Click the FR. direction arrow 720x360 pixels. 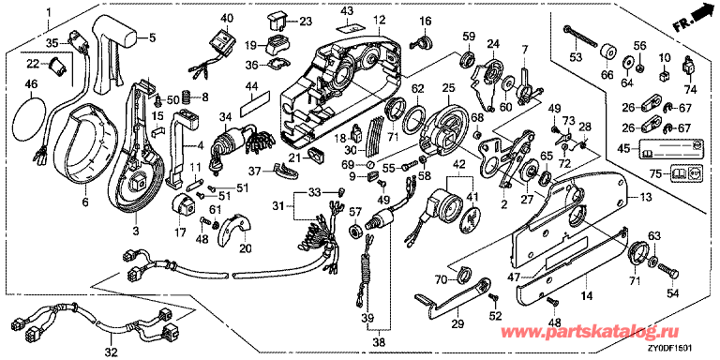(x=696, y=20)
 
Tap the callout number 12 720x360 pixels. (x=379, y=20)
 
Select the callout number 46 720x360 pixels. (x=31, y=84)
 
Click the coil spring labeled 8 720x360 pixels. (x=187, y=97)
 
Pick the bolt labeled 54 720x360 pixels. (x=668, y=271)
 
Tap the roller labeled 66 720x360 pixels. (x=608, y=52)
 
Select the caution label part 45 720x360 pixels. (x=666, y=148)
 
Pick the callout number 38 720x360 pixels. (x=379, y=341)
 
